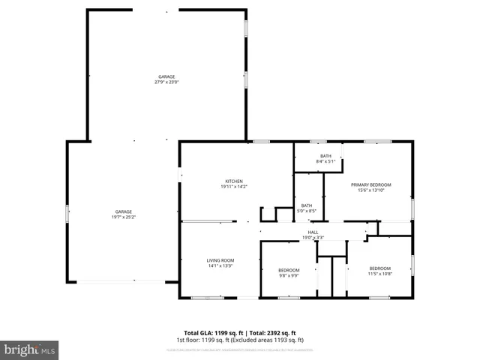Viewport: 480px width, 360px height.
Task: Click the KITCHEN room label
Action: [x=234, y=181]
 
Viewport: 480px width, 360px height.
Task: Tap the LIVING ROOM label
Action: [x=220, y=260]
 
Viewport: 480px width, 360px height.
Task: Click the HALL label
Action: [x=313, y=232]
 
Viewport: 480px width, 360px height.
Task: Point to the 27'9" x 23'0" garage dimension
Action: [x=166, y=82]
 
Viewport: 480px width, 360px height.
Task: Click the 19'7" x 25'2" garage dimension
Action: [x=124, y=217]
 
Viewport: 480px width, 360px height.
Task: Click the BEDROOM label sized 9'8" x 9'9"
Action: [x=289, y=270]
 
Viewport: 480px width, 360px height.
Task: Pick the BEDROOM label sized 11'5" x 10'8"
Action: [x=379, y=268]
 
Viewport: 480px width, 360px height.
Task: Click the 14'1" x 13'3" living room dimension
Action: [x=220, y=265]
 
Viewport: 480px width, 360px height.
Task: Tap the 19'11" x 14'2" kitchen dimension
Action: [x=234, y=187]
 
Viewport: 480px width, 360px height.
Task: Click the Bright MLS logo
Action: [x=30, y=349]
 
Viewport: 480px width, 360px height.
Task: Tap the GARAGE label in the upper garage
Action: [x=166, y=76]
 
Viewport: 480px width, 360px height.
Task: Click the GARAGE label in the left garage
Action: [x=124, y=211]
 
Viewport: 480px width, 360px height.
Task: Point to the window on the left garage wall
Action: [x=68, y=213]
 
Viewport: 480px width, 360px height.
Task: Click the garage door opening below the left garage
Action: [x=122, y=282]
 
